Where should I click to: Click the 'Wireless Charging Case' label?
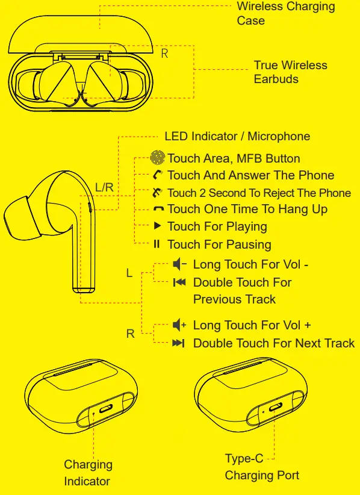coord(285,14)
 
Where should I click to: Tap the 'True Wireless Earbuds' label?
coord(290,72)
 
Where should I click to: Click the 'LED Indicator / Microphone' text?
coord(237,136)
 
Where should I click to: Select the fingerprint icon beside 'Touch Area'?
coord(158,158)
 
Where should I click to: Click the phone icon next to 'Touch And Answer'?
coord(158,175)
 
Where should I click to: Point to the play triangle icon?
coord(157,226)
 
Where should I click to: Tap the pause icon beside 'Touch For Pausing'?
coord(157,244)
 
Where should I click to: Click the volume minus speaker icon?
coord(179,264)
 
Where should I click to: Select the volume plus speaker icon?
coord(179,325)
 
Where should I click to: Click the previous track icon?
coord(179,282)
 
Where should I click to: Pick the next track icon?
coord(179,343)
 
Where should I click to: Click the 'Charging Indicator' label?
coord(88,473)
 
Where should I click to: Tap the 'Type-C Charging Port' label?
coord(261,467)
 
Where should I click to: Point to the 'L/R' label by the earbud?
coord(104,187)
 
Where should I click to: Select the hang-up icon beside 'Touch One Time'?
coord(158,210)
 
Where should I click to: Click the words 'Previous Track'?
coord(234,299)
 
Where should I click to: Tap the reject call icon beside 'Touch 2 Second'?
coord(158,193)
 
